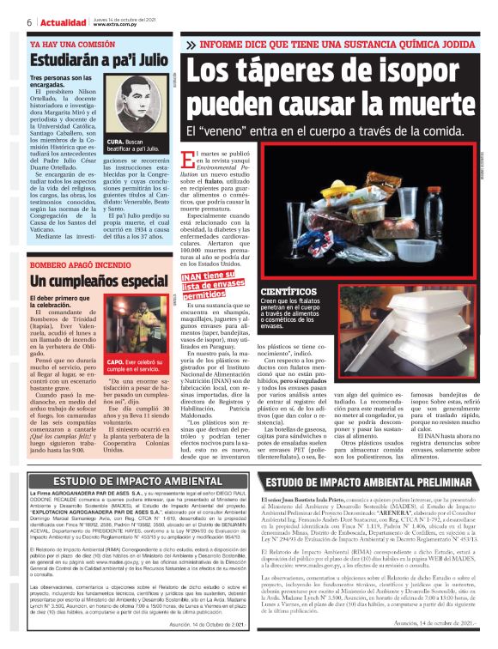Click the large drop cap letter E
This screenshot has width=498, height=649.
click(x=190, y=158)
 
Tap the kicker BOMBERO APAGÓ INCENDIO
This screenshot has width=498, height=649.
click(x=79, y=264)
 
